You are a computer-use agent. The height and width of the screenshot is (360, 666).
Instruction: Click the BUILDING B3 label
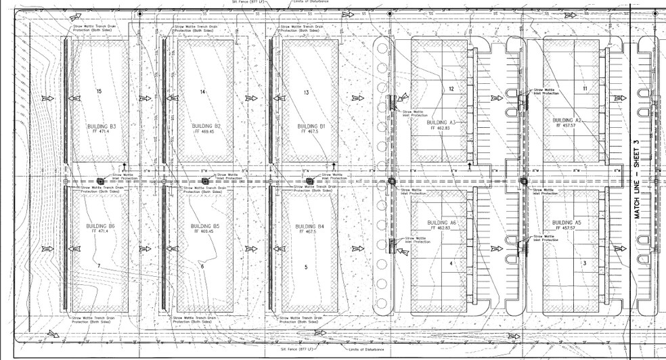point(102,127)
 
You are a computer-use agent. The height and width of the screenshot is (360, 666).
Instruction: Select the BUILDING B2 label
point(206,127)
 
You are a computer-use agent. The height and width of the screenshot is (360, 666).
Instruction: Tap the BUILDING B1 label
point(311,127)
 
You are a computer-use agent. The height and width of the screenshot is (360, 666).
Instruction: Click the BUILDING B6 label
point(100,226)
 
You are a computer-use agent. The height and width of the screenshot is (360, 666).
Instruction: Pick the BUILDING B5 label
point(206,226)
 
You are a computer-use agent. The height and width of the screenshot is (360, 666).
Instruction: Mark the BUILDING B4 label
point(311,226)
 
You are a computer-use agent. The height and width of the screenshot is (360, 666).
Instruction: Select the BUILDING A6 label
point(442,223)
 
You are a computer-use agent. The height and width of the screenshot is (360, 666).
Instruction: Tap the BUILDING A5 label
point(567,223)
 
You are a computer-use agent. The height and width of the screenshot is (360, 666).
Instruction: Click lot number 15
point(99,91)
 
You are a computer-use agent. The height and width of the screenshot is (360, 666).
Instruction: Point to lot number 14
point(202,91)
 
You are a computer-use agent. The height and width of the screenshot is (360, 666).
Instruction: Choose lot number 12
point(451,89)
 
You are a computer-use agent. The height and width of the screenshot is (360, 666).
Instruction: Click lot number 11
point(584,89)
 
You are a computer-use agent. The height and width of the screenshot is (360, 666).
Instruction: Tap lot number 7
point(98,267)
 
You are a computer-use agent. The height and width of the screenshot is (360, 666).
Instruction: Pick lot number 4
point(451,263)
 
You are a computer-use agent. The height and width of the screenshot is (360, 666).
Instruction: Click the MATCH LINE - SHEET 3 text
point(636,179)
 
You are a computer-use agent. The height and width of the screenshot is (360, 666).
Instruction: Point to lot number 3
point(584,263)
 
